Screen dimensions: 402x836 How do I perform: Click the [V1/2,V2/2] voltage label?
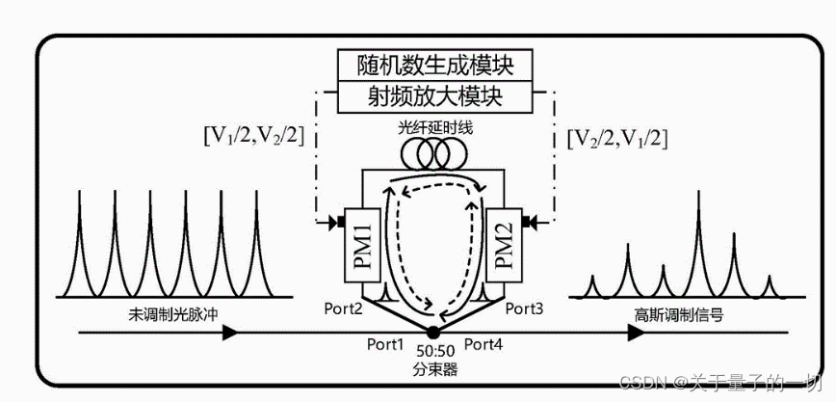point(253,135)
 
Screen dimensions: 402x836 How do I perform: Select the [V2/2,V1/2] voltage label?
point(617,135)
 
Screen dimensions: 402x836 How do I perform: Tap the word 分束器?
point(436,369)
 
